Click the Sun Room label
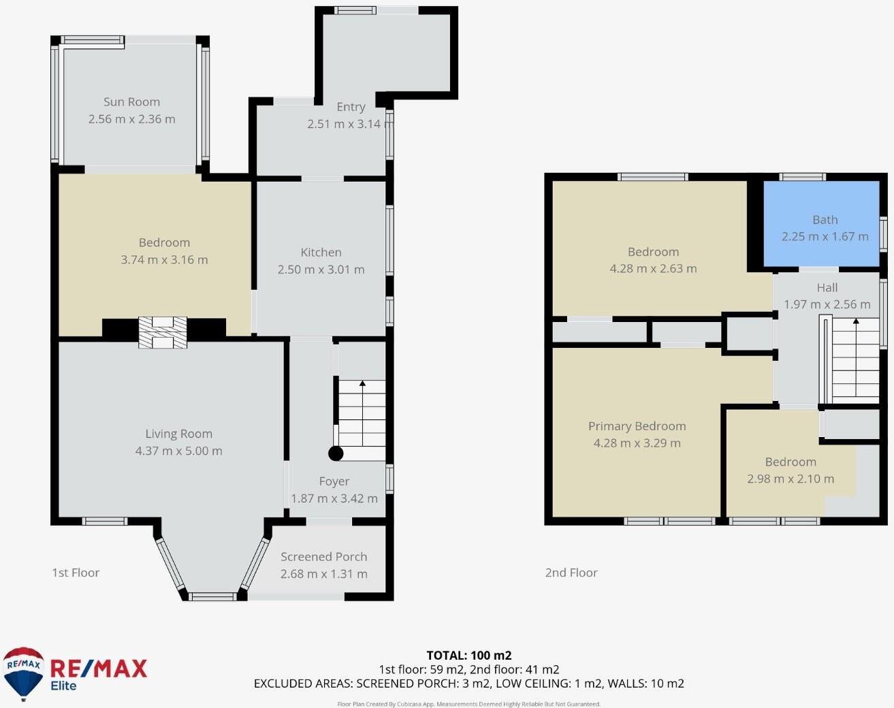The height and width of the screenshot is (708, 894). (131, 102)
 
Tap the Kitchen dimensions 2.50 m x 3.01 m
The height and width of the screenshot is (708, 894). (321, 269)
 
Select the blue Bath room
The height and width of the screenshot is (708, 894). (821, 223)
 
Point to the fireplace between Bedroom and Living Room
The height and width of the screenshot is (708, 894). (163, 332)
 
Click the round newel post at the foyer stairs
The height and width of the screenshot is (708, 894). (336, 453)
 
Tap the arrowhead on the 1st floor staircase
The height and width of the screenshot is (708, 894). (362, 383)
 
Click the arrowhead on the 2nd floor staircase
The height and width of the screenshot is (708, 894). (856, 321)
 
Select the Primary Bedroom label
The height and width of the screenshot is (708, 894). (637, 426)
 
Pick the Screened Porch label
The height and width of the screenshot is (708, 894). (323, 556)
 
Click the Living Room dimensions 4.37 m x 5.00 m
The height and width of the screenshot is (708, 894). (178, 451)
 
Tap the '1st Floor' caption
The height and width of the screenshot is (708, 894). (76, 573)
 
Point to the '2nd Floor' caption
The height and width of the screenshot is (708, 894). (571, 573)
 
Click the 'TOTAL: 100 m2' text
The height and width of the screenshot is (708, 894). (469, 655)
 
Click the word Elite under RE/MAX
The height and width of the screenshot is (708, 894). (63, 686)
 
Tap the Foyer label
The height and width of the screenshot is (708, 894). (334, 481)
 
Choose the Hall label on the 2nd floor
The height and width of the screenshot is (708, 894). (827, 287)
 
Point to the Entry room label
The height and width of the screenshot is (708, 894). (351, 107)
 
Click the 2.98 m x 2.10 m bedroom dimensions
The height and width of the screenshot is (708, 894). (791, 479)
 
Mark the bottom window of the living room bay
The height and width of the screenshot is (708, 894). (212, 597)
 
